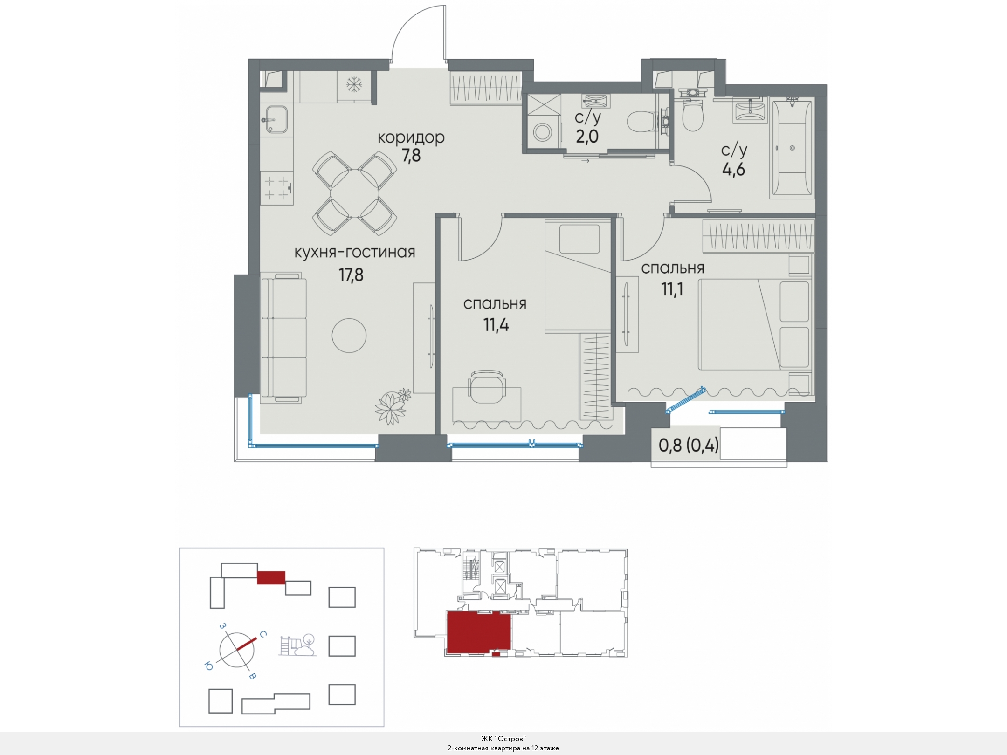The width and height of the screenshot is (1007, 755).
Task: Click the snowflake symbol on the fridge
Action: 354,85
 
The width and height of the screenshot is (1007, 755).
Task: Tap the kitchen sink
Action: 274,119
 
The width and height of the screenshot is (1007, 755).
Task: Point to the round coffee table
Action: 349,336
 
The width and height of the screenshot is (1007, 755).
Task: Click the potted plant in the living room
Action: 393,405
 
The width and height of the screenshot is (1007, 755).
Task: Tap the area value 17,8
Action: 351,275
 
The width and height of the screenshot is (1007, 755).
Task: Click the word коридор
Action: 411,138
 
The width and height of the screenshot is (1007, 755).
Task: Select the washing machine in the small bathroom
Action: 543,132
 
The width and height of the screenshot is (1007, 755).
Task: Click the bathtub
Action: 793,148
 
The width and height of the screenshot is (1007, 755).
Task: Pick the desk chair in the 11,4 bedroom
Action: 487,386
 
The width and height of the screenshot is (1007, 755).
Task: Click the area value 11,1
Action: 672,290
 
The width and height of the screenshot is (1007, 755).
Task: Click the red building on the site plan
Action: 271,577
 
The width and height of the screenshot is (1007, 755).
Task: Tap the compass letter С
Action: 263,634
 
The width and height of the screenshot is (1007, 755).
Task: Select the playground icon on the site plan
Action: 298,645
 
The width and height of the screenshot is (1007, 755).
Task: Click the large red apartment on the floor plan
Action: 479,632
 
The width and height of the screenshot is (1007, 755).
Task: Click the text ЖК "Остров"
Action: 504,739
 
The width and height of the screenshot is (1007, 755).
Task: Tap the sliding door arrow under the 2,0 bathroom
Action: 586,161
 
